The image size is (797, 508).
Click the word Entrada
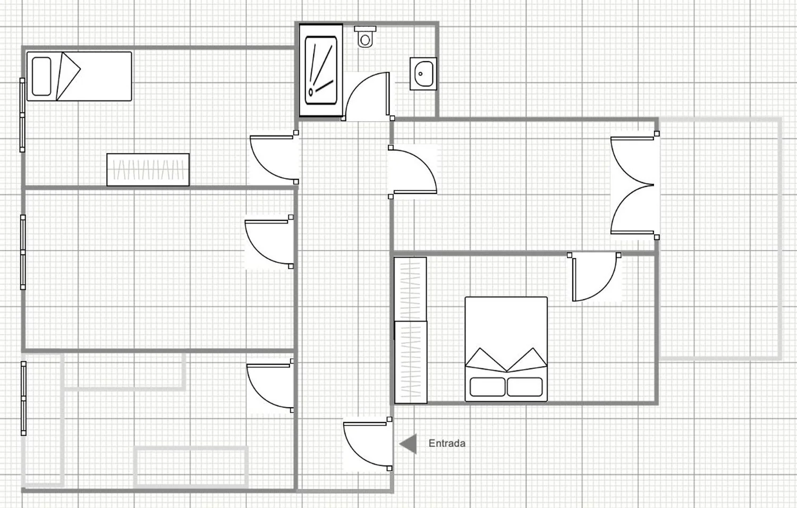[447, 443]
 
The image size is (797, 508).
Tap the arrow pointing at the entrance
[408, 444]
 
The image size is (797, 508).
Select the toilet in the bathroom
[365, 37]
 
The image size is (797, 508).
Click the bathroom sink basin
[423, 74]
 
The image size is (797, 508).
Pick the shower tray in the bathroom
[321, 70]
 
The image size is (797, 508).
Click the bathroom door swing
[367, 96]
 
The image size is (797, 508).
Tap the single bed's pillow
[41, 77]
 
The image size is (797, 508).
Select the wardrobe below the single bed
[148, 170]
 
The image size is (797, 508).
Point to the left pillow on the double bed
[487, 387]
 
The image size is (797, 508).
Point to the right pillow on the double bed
[525, 387]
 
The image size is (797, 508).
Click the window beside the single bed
[22, 115]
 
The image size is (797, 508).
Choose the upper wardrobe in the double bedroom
[410, 289]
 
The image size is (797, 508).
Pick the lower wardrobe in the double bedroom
[411, 362]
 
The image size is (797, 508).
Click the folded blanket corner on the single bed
[69, 77]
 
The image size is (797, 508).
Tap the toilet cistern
[365, 29]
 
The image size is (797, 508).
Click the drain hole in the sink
[421, 74]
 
